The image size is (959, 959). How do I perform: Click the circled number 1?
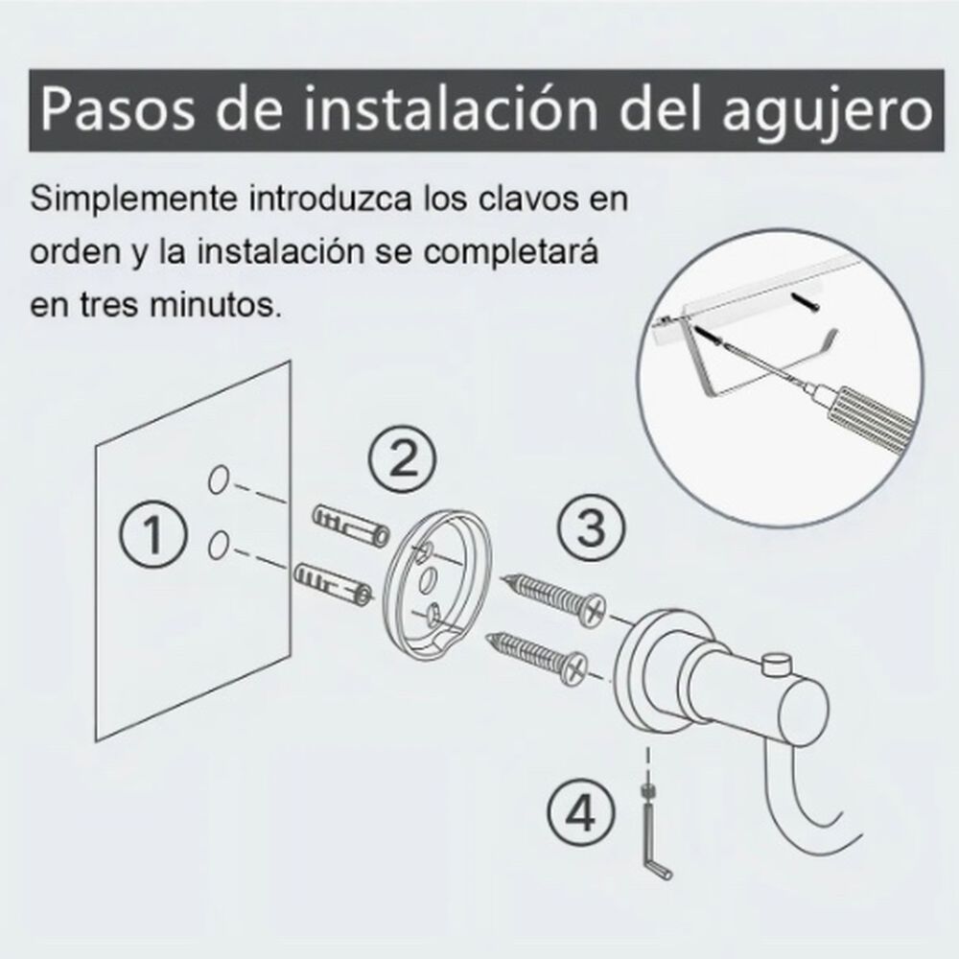click(152, 534)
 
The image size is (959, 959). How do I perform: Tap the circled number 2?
click(403, 460)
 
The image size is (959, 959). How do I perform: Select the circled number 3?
click(592, 527)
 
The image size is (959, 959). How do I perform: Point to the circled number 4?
click(580, 814)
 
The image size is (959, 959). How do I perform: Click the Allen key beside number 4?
click(652, 831)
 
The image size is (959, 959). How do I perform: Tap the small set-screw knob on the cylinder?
click(777, 665)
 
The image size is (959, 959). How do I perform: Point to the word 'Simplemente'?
click(133, 200)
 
